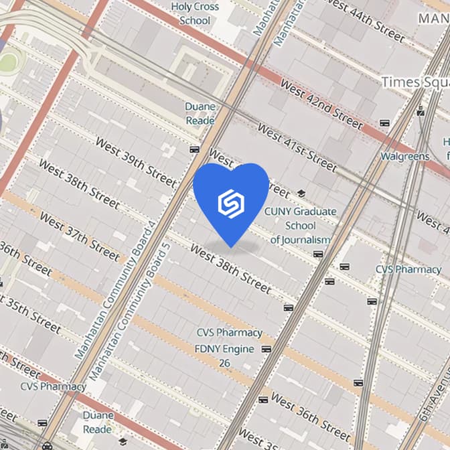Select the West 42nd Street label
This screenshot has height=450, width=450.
321,104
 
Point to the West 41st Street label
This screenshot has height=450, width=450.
296,147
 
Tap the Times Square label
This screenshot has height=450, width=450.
415,82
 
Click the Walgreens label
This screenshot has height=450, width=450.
404,156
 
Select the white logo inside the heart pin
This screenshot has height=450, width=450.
231,202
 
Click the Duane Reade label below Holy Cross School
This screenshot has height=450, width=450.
200,113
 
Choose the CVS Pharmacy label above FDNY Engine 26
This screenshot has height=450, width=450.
229,333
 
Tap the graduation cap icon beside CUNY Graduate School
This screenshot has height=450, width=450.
301,194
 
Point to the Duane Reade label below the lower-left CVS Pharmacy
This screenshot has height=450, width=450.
98,422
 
